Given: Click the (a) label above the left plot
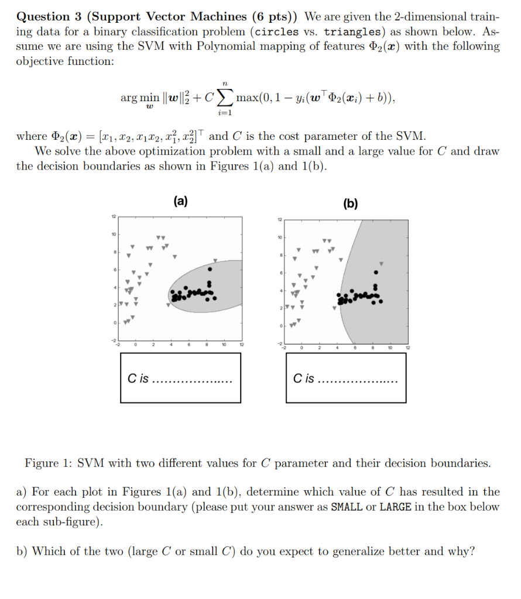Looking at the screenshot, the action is click(180, 201).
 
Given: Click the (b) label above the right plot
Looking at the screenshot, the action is click(351, 204).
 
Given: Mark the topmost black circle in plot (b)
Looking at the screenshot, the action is click(376, 272).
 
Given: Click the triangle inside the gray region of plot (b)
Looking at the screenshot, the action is click(382, 263).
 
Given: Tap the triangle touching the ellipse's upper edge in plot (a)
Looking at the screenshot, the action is click(215, 261).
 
